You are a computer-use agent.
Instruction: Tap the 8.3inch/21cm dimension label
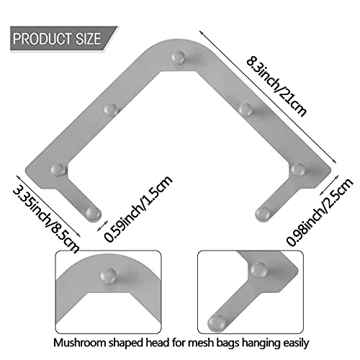[276, 86]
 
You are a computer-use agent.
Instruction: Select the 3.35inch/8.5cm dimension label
[45, 220]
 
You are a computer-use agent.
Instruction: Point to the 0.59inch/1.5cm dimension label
[138, 209]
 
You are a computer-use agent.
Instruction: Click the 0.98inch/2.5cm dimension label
[320, 212]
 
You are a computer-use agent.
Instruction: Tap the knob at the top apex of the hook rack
[178, 57]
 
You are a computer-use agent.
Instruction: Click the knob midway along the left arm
[111, 109]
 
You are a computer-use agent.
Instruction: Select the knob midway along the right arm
[246, 109]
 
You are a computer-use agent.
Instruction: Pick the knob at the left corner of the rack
[58, 169]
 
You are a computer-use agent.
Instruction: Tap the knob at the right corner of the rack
[298, 169]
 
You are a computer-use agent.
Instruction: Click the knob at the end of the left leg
[94, 214]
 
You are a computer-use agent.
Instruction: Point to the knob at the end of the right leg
[263, 214]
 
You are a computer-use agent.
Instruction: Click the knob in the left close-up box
[108, 275]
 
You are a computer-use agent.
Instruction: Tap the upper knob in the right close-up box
[258, 269]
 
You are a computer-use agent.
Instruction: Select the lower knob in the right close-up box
[217, 323]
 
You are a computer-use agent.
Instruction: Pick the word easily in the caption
[296, 343]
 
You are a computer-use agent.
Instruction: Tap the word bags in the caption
[228, 343]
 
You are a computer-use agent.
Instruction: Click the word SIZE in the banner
[89, 39]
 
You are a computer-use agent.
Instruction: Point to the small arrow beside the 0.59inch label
[102, 226]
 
